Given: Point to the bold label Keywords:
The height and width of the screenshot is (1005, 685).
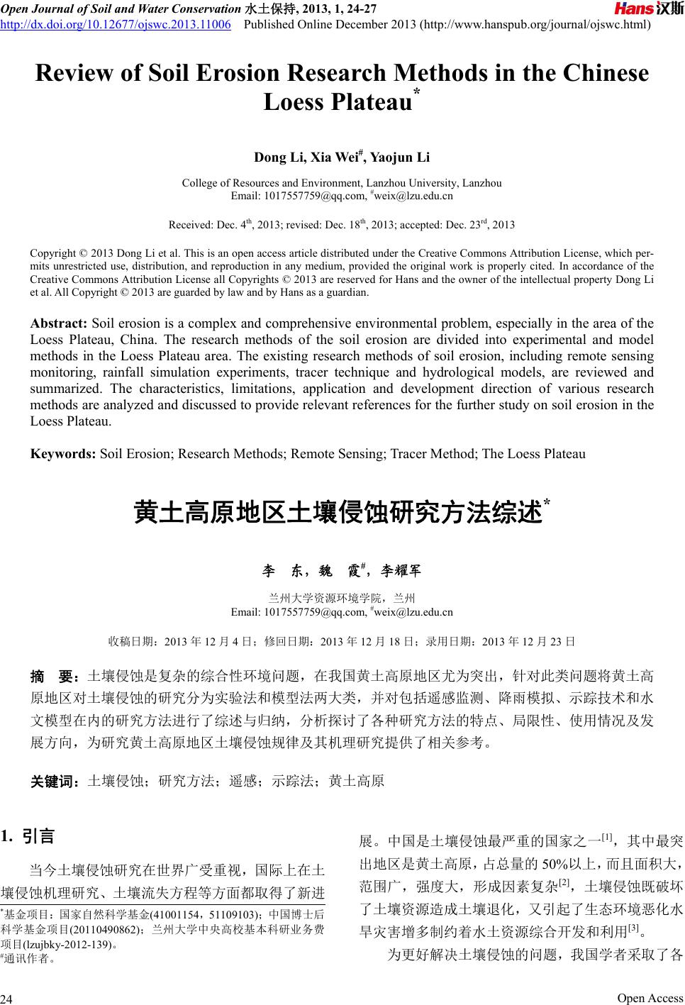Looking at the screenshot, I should click(64, 453).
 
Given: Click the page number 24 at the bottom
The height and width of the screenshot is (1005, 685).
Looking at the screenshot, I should click(8, 999).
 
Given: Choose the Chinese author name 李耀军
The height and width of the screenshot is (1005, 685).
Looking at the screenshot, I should click(401, 571).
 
